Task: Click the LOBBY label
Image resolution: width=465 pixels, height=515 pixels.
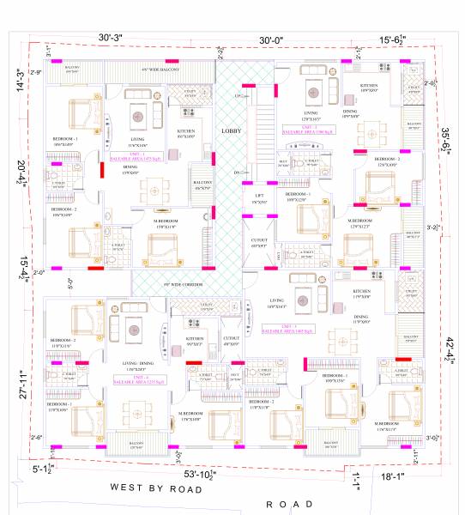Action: click(x=230, y=130)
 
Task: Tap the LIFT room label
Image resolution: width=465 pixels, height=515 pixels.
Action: click(x=257, y=197)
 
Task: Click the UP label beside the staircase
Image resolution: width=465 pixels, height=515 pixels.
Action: click(x=238, y=96)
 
